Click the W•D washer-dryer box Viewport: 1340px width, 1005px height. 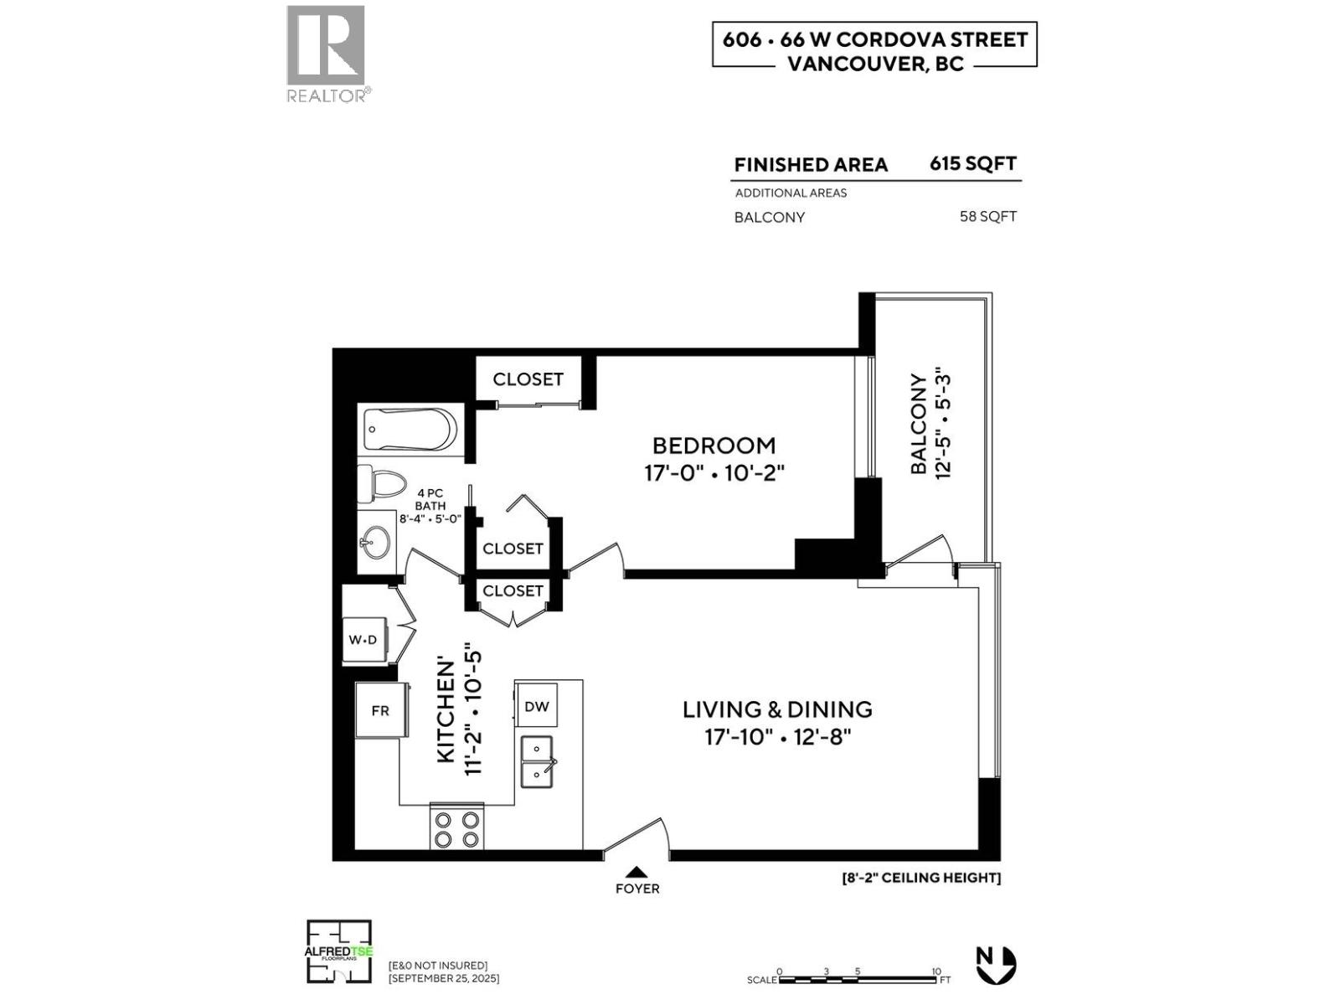pos(363,640)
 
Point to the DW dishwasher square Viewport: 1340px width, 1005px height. pos(537,706)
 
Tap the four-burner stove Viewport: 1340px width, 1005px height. pos(456,828)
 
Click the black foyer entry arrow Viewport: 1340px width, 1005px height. pos(636,871)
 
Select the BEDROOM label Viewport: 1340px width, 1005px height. pos(714,446)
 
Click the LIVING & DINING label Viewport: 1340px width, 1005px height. pos(777,709)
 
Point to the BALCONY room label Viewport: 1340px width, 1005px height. pos(919,424)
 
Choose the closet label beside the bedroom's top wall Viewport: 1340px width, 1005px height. pos(528,379)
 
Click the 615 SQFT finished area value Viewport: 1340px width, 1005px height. pos(973,163)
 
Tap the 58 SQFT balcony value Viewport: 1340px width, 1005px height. pos(987,217)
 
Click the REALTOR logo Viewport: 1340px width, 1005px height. pos(327,54)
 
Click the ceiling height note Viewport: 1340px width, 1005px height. pos(921,878)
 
